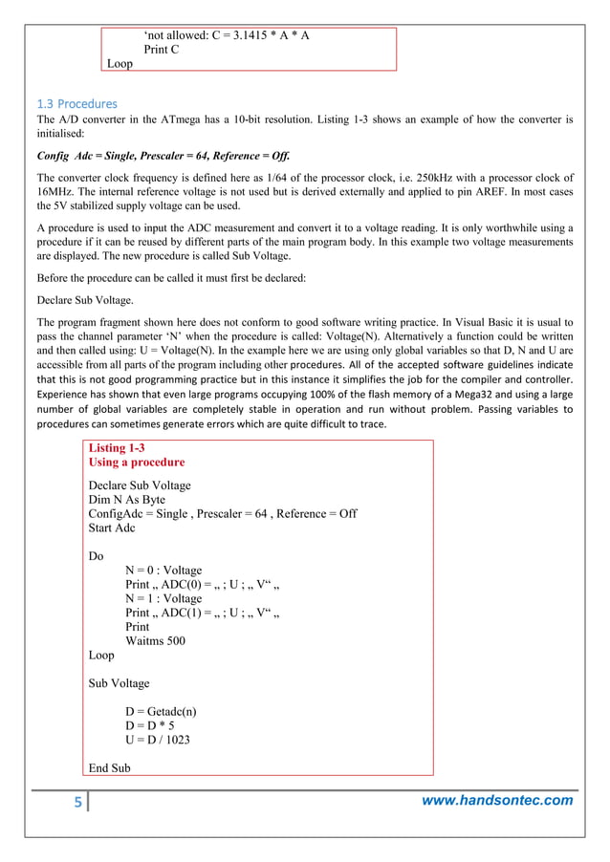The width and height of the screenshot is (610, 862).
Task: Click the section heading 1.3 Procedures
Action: (76, 103)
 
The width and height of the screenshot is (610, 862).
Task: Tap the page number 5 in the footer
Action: (77, 801)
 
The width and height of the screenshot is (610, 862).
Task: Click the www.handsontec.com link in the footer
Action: (497, 800)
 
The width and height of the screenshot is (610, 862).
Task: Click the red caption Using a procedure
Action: (137, 463)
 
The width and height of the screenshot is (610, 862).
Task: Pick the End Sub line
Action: (109, 767)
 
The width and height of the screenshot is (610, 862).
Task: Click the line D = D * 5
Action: (149, 725)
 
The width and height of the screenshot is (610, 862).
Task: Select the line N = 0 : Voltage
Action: (163, 571)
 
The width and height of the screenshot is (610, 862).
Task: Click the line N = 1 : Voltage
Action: (163, 599)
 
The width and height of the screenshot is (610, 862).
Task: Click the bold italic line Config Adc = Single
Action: (163, 157)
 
